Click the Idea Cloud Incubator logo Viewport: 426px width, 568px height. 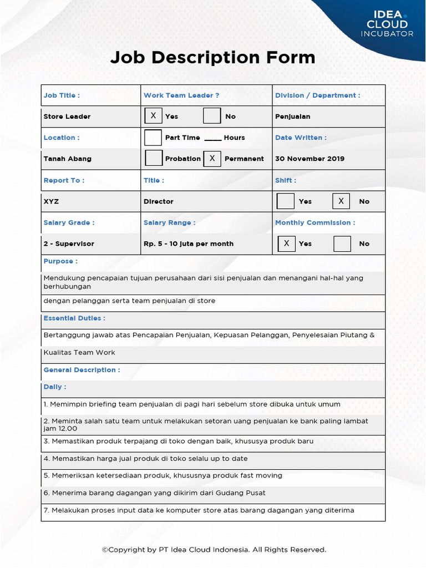[387, 23]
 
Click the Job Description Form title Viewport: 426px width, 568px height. [212, 57]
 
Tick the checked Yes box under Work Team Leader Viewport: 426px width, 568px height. [153, 116]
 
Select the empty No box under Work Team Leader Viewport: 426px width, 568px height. [212, 116]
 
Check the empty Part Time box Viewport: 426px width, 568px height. [153, 138]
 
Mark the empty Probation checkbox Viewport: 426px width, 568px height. [153, 158]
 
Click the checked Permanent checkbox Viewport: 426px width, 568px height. [212, 158]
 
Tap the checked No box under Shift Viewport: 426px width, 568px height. [341, 201]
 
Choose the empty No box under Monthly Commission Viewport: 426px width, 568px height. [342, 244]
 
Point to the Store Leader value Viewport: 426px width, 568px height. [67, 116]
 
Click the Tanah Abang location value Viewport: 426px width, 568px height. [68, 159]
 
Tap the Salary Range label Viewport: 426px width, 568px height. [169, 222]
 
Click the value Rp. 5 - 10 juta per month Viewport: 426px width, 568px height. [189, 244]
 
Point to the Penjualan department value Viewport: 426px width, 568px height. [293, 116]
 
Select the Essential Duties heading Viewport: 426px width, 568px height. [74, 318]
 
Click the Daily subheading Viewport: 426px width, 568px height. [55, 387]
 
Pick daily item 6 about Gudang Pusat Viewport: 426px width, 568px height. [154, 493]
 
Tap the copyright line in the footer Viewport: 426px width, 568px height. [214, 550]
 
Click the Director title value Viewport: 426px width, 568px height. [159, 201]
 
